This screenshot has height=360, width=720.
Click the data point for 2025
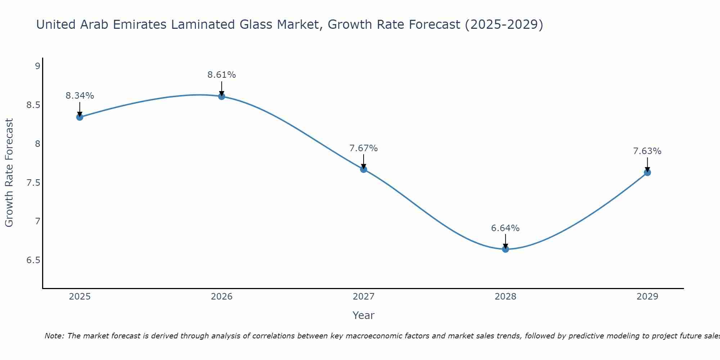pos(80,117)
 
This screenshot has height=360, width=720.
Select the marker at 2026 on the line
pos(222,96)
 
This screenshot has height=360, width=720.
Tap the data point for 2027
pos(364,169)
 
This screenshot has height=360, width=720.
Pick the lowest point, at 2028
pos(505,249)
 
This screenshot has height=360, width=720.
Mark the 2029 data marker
pos(647,172)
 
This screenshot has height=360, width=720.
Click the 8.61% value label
pos(222,75)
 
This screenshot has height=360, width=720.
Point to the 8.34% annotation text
pos(80,96)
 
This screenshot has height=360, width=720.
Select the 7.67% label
pos(364,148)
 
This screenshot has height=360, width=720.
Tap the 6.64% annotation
pos(505,228)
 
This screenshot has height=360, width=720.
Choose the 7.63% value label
pos(647,151)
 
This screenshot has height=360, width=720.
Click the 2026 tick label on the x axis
pos(222,297)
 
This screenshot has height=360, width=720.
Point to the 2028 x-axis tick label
pos(505,297)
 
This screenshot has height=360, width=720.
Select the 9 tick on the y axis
pos(37,66)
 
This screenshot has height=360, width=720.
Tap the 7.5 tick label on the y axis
pos(33,183)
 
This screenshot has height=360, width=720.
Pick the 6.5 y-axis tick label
pos(33,260)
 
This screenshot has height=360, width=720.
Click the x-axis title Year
pos(364,315)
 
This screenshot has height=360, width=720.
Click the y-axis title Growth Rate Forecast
pos(9,173)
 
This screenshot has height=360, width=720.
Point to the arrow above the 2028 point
pos(505,240)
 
